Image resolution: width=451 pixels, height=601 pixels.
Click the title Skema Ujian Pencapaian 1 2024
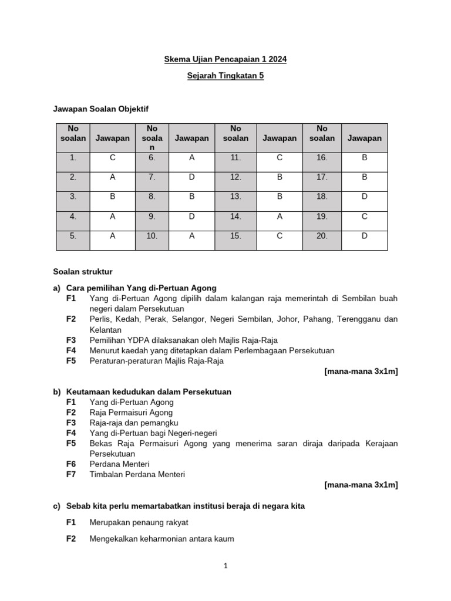[225, 60]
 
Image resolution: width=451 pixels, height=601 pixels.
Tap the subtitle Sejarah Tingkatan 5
[225, 76]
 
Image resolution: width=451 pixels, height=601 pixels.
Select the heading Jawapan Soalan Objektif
[105, 109]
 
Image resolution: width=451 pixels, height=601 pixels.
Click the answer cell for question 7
[191, 177]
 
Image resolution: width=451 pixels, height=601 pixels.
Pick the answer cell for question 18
[364, 196]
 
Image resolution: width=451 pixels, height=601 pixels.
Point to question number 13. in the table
[235, 196]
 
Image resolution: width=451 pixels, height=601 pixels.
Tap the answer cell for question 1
[112, 157]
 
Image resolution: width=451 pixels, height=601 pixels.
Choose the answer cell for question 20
[364, 236]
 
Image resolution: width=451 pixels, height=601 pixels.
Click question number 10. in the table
[152, 236]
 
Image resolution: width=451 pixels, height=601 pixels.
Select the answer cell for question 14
[280, 216]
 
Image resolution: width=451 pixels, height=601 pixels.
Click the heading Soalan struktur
[83, 272]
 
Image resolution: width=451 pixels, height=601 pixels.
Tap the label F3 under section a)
[72, 340]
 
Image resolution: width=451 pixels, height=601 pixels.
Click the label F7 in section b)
[72, 474]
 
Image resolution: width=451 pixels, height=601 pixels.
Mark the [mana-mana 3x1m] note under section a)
[361, 372]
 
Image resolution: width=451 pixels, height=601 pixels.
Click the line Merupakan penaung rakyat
[139, 522]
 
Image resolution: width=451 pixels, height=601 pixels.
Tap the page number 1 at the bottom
[225, 566]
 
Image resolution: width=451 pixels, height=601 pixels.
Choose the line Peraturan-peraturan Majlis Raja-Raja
[156, 361]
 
